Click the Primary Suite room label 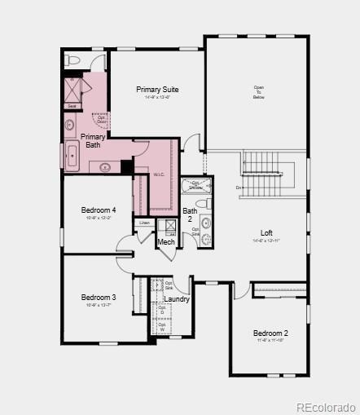click(x=158, y=90)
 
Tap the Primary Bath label click(x=93, y=141)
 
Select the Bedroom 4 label click(x=99, y=210)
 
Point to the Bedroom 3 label click(x=99, y=298)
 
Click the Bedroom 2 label click(x=270, y=333)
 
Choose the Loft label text click(x=266, y=233)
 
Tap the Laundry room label click(x=177, y=299)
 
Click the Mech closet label click(x=166, y=242)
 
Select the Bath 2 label click(x=189, y=215)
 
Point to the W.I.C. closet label click(x=160, y=174)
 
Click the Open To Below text click(x=259, y=92)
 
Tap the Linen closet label click(x=144, y=223)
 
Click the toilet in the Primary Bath click(x=72, y=60)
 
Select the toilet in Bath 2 click(x=208, y=203)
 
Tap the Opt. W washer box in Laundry click(x=161, y=326)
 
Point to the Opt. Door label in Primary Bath click(x=102, y=120)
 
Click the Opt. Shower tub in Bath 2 click(x=195, y=186)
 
